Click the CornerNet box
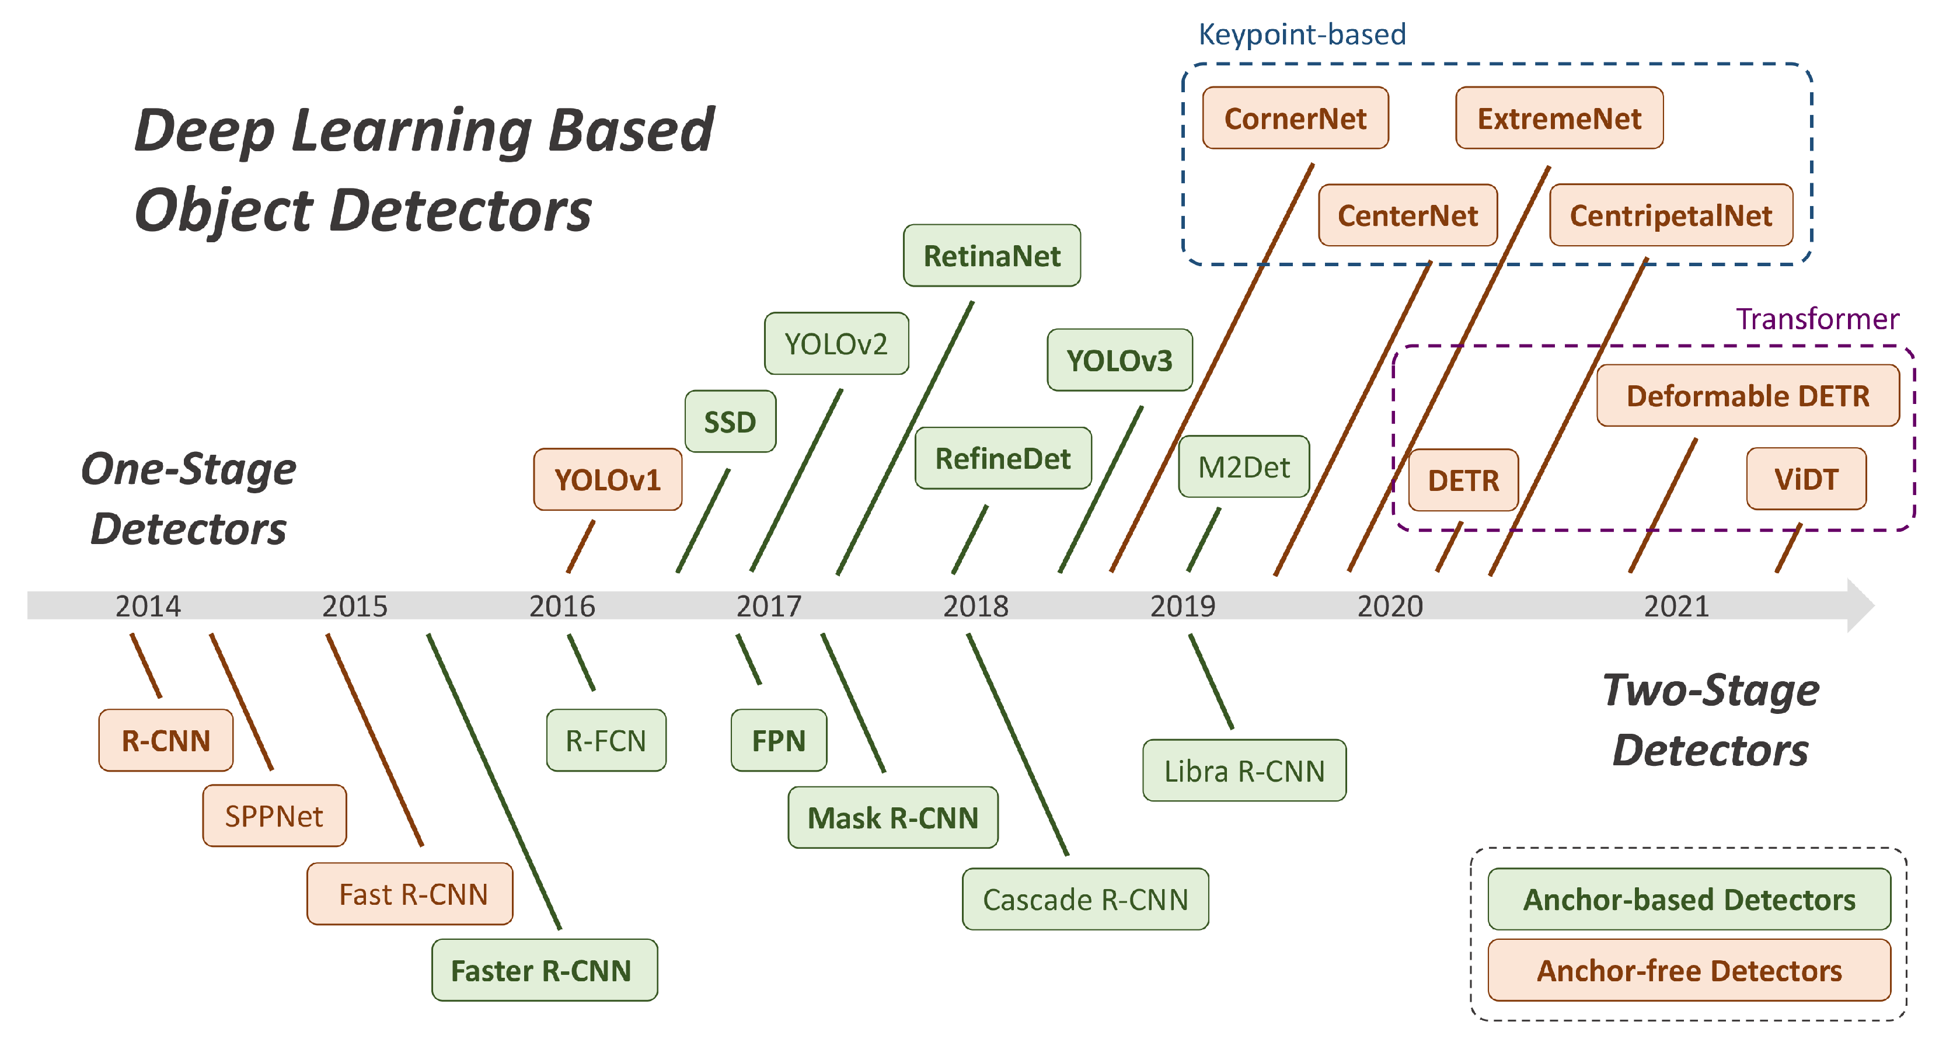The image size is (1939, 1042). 1295,118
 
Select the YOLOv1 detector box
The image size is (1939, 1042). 608,480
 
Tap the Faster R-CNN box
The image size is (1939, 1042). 543,970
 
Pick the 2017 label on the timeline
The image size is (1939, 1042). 769,606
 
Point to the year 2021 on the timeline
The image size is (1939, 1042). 1676,606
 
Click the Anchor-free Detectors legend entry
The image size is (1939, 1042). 1689,970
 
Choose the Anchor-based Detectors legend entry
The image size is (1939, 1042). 1689,899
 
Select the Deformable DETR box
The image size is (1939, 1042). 1747,395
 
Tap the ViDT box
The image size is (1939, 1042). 1806,479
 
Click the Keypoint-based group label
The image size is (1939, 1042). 1302,34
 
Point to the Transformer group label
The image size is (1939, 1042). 1817,319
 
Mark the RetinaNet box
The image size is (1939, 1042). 991,256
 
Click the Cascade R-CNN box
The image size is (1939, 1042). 1084,899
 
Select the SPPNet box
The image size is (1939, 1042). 274,816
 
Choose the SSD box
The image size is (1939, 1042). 730,421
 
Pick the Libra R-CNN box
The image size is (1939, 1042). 1243,770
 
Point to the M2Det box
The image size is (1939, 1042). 1243,467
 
